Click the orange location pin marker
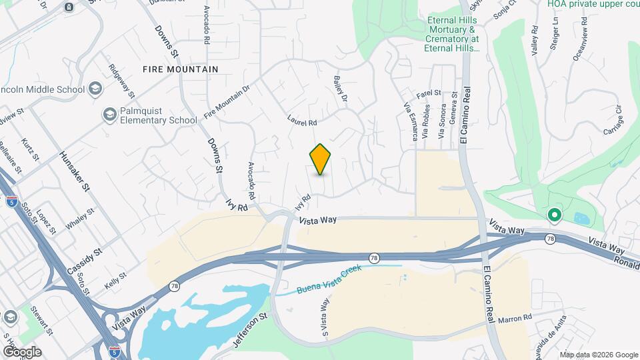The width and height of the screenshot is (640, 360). click(x=321, y=159)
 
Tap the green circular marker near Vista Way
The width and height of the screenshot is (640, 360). click(x=553, y=215)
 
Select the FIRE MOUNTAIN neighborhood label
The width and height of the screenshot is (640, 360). click(x=180, y=69)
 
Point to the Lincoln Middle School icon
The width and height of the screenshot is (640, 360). click(x=95, y=89)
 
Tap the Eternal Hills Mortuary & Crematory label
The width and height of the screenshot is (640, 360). click(x=453, y=34)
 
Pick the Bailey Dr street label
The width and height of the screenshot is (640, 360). click(x=340, y=89)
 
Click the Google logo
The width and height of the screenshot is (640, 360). click(x=22, y=351)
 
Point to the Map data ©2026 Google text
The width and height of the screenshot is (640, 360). click(x=599, y=354)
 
